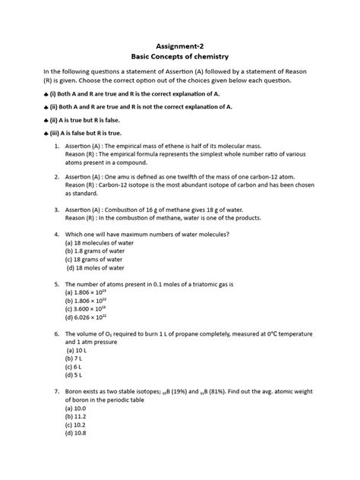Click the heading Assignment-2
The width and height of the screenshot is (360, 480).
click(x=180, y=44)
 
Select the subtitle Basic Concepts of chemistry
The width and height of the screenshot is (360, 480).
click(x=180, y=57)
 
